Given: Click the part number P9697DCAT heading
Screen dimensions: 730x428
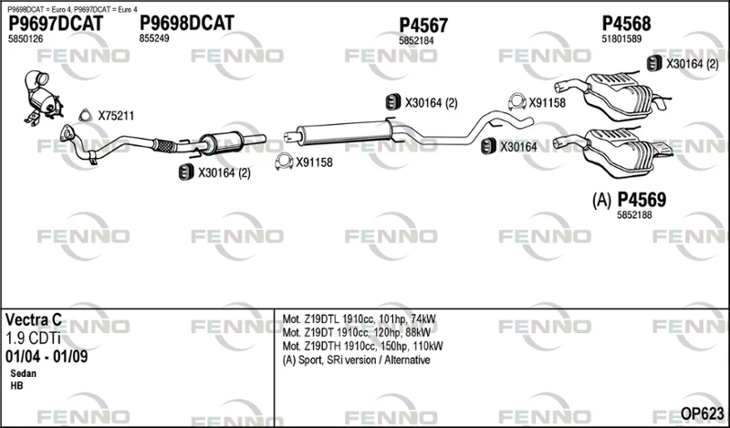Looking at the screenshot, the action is tap(56, 24).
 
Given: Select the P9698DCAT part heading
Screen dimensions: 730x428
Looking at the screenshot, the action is tap(187, 23).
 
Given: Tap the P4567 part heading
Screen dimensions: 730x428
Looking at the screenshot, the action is tap(423, 26).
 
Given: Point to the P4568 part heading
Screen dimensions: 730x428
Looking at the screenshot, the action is tap(626, 24).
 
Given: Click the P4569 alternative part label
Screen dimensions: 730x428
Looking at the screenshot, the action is tap(641, 200).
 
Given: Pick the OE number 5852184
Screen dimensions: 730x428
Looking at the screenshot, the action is tap(416, 41).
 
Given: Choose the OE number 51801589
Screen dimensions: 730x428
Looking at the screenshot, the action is tap(621, 39).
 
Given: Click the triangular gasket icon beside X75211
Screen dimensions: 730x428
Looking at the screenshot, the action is tap(85, 116).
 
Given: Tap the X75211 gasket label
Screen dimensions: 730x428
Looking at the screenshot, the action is tap(116, 116).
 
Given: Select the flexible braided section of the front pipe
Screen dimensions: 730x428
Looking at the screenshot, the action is tap(164, 146).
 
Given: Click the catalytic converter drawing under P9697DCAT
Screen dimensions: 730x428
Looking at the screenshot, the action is tap(43, 98).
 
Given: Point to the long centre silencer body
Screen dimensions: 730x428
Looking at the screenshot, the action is tap(344, 130).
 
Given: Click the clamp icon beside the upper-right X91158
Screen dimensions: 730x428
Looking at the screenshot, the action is tap(516, 101).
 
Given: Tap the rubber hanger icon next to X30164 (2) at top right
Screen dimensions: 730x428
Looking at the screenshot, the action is tap(654, 63).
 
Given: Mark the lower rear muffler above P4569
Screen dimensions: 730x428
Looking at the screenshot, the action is tap(613, 151).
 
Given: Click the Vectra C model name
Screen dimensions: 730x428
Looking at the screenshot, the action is tap(34, 320).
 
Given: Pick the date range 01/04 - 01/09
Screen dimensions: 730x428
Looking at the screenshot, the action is tap(47, 357).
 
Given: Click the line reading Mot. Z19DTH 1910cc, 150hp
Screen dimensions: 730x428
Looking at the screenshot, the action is tap(362, 346).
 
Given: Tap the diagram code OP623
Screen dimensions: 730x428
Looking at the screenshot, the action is tap(703, 413).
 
